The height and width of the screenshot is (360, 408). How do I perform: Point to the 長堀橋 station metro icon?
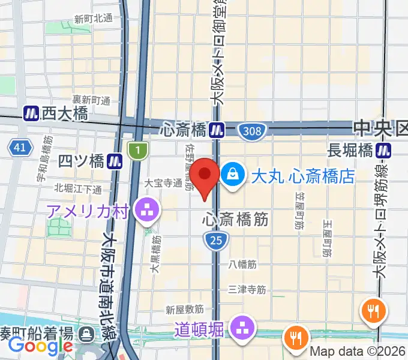pyautogui.click(x=385, y=150)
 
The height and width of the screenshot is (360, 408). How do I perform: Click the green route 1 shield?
pyautogui.click(x=137, y=149)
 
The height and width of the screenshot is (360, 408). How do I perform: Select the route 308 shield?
pyautogui.click(x=249, y=130)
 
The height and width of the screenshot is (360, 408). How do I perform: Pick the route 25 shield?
pyautogui.click(x=215, y=241)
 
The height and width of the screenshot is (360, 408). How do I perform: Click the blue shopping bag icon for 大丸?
pyautogui.click(x=231, y=175)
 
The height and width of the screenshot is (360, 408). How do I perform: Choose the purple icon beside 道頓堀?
pyautogui.click(x=243, y=328)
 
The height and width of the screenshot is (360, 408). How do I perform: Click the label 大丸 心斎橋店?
pyautogui.click(x=303, y=176)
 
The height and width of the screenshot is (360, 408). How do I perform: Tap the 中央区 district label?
pyautogui.click(x=380, y=128)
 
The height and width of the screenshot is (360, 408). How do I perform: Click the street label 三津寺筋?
pyautogui.click(x=247, y=289)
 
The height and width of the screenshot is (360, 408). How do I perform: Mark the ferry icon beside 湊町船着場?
pyautogui.click(x=88, y=334)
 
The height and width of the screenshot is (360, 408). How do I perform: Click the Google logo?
pyautogui.click(x=40, y=346)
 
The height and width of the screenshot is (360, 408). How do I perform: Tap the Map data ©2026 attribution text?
pyautogui.click(x=358, y=352)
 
